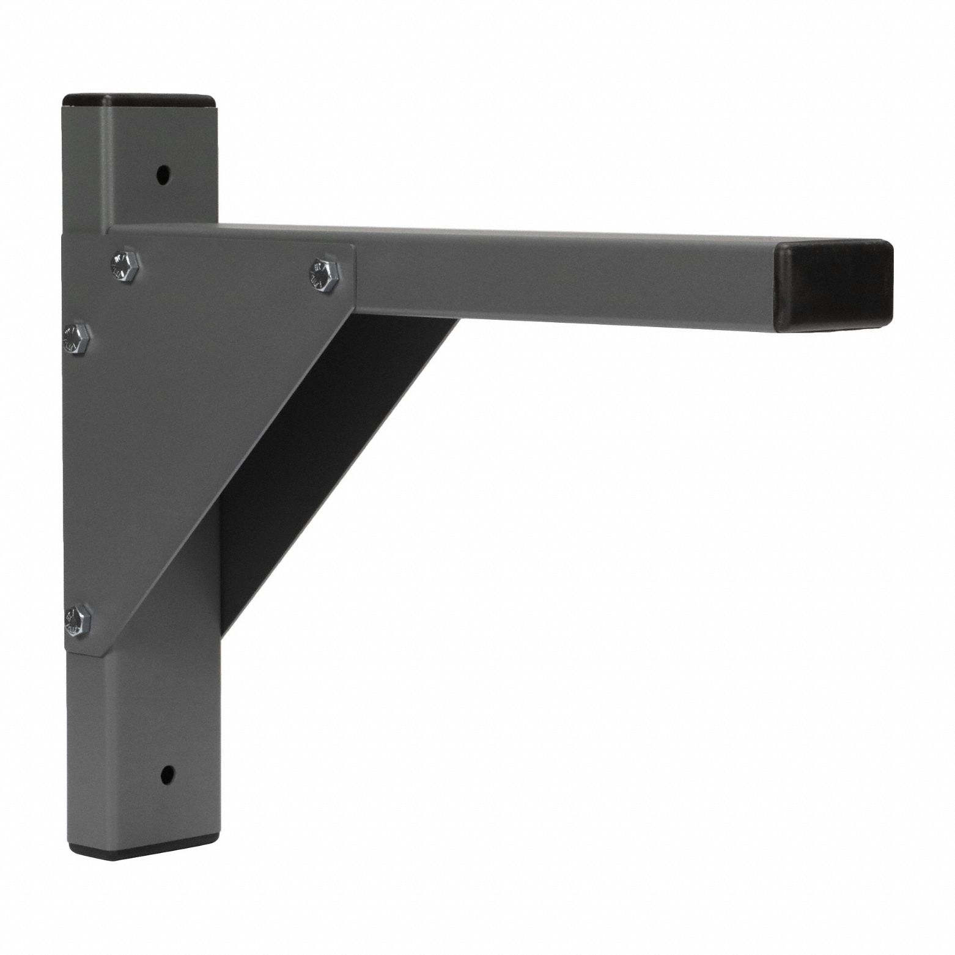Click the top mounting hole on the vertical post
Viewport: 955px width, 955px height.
coord(162,175)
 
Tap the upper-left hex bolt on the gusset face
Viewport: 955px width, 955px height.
coord(125,265)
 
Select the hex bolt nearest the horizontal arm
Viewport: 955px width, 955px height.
coord(323,274)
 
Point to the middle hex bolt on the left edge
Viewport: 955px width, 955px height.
coord(77,338)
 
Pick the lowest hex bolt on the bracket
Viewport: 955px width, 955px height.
coord(78,620)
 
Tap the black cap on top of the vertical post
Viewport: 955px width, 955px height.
coord(141,100)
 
